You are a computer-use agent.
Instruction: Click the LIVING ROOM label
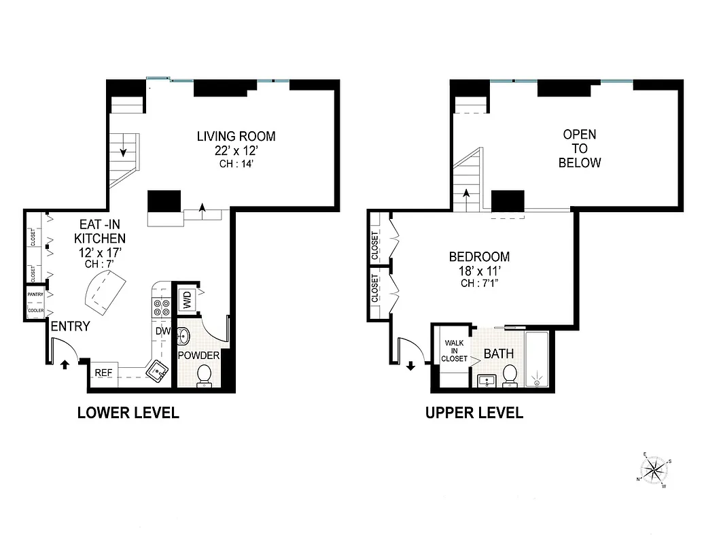236,136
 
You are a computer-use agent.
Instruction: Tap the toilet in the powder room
205,375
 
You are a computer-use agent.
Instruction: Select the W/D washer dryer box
186,299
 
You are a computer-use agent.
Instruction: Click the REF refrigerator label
103,373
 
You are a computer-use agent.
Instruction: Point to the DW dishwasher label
162,331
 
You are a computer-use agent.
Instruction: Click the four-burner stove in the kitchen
162,308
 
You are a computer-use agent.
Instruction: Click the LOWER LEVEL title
128,413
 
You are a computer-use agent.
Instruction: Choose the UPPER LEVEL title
474,413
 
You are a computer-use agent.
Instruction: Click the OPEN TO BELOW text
580,148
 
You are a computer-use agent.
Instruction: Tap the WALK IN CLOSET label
454,351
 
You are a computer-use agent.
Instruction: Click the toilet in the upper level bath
510,375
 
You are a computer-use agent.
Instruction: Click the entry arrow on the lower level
65,364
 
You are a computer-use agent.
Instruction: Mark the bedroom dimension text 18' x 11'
479,271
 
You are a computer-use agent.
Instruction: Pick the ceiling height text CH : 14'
236,163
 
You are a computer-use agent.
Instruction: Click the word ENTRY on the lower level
70,326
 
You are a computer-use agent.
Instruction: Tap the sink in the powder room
184,336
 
